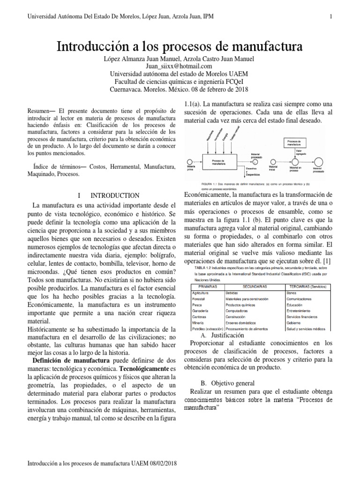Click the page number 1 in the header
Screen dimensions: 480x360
(x=331, y=17)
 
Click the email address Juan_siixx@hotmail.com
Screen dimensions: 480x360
(x=180, y=66)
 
